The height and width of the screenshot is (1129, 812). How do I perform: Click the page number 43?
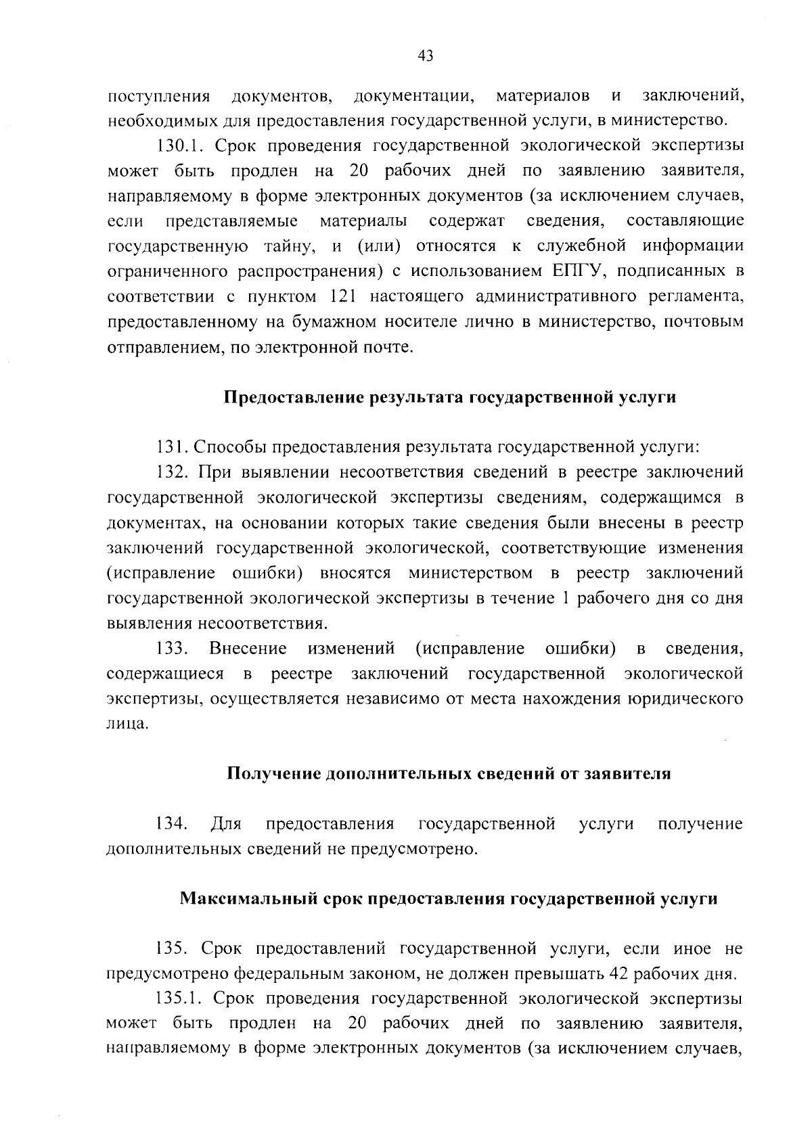point(426,56)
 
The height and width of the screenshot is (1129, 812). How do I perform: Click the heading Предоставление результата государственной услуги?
point(450,397)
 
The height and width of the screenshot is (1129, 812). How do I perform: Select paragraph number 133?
point(172,649)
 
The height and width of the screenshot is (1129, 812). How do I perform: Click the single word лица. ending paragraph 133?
point(127,724)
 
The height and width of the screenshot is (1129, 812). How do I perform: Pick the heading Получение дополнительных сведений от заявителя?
point(449,774)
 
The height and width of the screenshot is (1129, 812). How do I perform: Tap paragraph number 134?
point(172,824)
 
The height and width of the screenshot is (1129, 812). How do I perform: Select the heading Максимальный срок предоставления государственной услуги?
point(449,899)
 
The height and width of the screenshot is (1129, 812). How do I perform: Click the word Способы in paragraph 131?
point(227,447)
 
